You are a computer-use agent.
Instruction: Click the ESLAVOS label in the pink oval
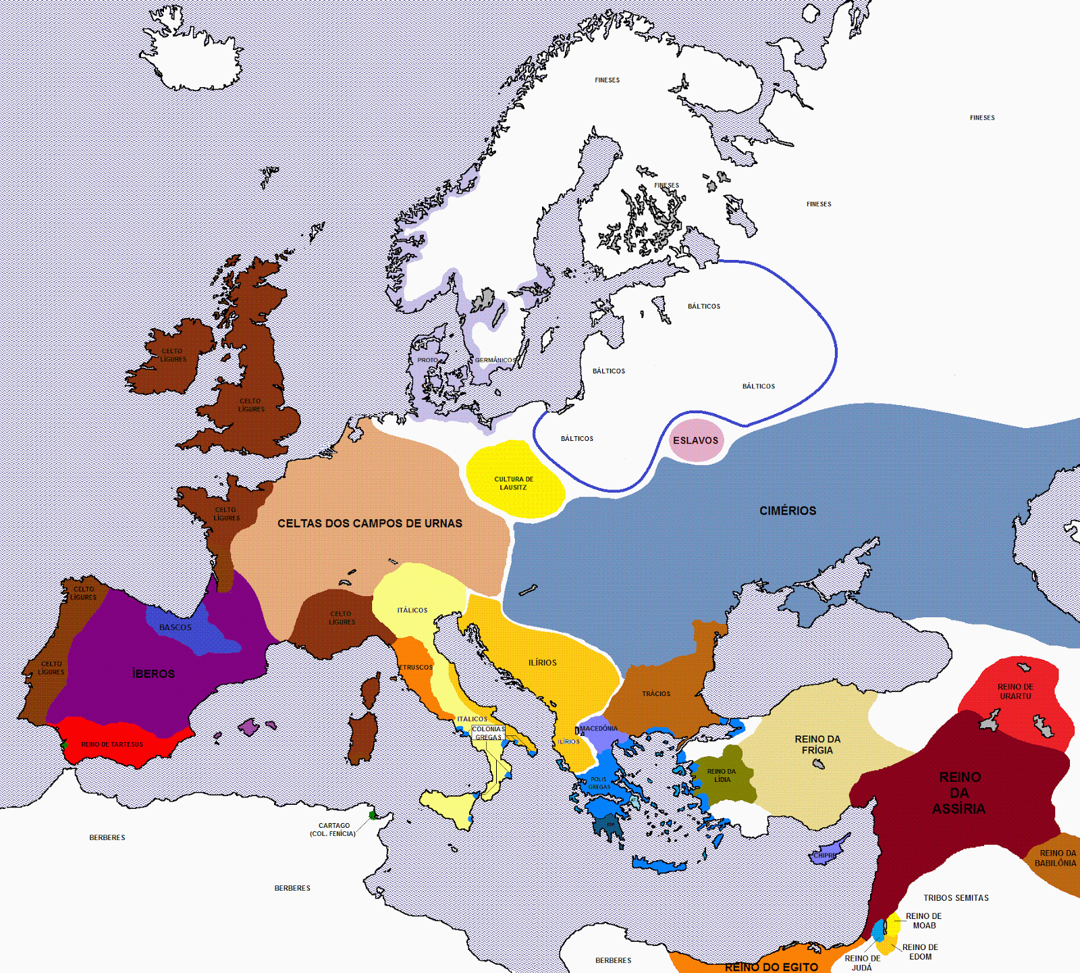(x=695, y=440)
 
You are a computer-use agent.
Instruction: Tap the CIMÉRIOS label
(x=788, y=511)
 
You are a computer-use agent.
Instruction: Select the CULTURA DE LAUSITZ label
(x=514, y=483)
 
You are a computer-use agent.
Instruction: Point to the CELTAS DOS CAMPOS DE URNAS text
(x=370, y=523)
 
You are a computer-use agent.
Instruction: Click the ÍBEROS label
(x=154, y=674)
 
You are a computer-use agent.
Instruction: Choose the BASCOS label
(x=175, y=627)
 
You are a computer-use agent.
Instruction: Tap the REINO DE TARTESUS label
(x=112, y=745)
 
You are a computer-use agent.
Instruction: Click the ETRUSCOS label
(x=416, y=667)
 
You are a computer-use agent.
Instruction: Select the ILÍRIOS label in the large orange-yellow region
(x=543, y=663)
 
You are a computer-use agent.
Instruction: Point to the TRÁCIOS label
(x=656, y=694)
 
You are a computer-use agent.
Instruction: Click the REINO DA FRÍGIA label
(x=817, y=745)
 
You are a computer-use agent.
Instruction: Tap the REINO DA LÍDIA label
(x=722, y=775)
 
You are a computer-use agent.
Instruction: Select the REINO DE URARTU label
(x=1015, y=691)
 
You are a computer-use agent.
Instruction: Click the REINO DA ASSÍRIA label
(x=959, y=793)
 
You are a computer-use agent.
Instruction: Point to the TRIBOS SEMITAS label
(x=956, y=898)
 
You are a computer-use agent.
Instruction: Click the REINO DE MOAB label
(x=923, y=921)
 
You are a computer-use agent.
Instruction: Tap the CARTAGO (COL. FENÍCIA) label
(x=333, y=830)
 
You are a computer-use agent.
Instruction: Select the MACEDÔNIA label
(x=599, y=729)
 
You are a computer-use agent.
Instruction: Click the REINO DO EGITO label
(x=772, y=967)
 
